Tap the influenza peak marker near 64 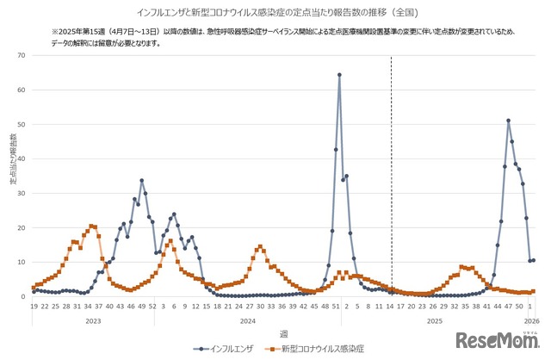click(x=339, y=75)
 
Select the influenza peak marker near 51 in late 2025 click(x=509, y=121)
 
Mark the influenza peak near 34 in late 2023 click(x=142, y=180)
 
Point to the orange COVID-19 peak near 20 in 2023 click(x=91, y=226)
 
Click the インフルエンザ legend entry click(x=226, y=349)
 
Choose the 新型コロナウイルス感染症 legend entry click(x=316, y=349)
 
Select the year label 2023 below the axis click(x=92, y=320)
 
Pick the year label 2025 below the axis click(x=435, y=320)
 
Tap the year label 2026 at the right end click(x=531, y=320)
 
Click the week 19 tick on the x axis click(x=34, y=306)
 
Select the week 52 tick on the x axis click(x=152, y=306)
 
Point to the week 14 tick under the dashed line click(x=391, y=306)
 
